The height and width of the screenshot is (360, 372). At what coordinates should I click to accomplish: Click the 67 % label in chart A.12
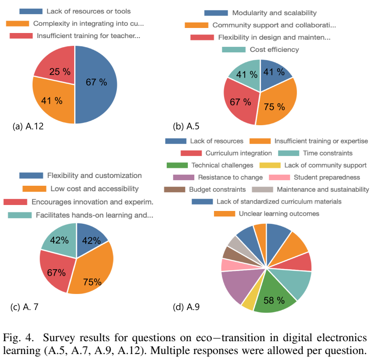click(x=96, y=82)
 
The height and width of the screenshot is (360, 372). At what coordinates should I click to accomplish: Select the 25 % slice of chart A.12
click(x=57, y=68)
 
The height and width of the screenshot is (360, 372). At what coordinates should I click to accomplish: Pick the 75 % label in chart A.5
click(x=274, y=106)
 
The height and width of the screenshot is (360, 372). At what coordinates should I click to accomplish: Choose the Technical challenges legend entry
click(x=222, y=165)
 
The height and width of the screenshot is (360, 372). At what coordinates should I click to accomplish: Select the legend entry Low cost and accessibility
click(x=87, y=188)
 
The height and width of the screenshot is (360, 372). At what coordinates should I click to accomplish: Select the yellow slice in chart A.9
click(x=249, y=302)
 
